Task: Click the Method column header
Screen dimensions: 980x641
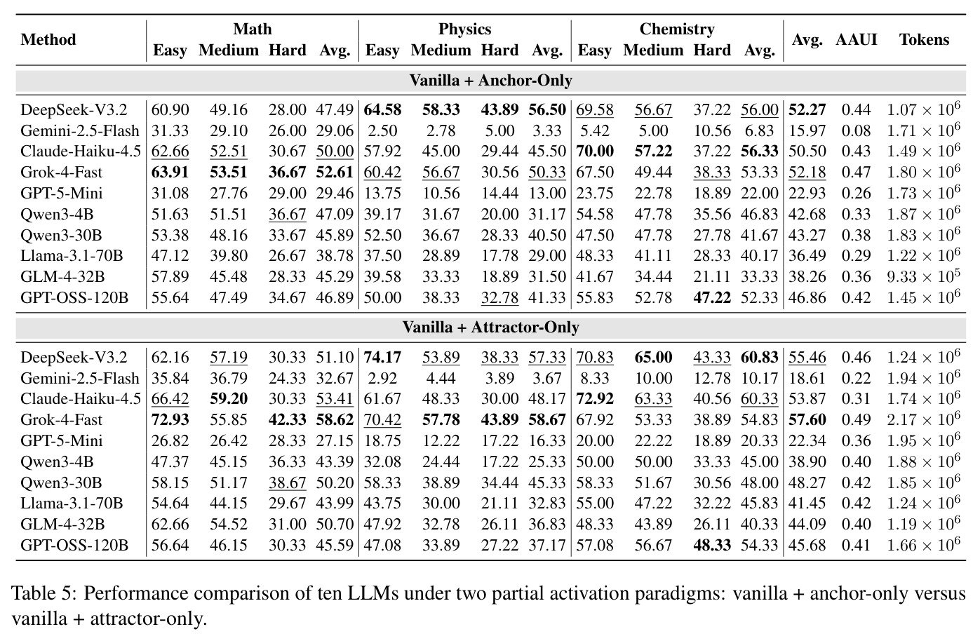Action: click(48, 40)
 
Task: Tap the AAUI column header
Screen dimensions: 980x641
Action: click(857, 40)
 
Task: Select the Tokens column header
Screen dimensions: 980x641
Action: click(924, 40)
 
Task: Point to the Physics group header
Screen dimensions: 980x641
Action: click(464, 29)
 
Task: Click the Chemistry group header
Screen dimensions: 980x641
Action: click(677, 29)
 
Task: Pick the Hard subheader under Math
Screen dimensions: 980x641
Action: click(287, 50)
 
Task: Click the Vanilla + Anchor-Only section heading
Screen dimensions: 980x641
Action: click(490, 81)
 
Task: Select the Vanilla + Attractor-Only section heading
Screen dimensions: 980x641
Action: click(490, 327)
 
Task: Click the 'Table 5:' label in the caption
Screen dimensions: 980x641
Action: click(45, 594)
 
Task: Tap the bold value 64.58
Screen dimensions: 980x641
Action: click(382, 109)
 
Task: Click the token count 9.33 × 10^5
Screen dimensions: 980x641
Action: click(923, 276)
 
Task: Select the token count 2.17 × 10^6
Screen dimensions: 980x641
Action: click(923, 419)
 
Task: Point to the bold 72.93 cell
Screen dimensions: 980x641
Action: click(170, 420)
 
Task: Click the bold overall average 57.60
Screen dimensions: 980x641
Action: click(807, 420)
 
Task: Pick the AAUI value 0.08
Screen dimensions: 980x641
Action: click(856, 130)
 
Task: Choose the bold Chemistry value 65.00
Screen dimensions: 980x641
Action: click(653, 357)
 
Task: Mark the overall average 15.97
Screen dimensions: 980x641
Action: click(807, 130)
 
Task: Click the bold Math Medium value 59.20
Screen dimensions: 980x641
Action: click(229, 399)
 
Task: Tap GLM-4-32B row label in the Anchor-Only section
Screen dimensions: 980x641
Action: click(62, 277)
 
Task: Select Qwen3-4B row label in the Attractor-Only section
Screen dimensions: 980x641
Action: click(57, 461)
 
